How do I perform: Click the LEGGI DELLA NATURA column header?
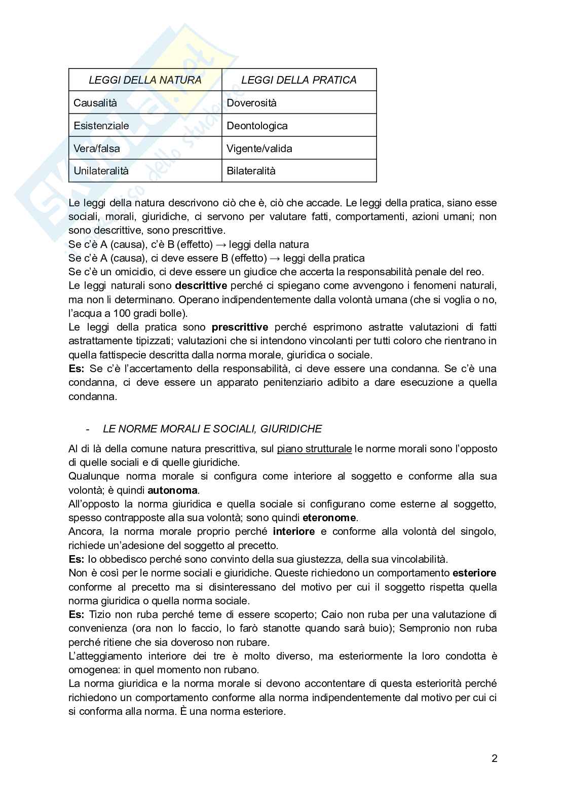point(145,80)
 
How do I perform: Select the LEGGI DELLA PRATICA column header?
point(299,80)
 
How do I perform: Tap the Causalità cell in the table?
point(95,103)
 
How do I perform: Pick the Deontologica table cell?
point(257,126)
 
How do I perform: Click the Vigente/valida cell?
point(259,149)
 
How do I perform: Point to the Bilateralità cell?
point(251,171)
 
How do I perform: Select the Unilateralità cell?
point(101,171)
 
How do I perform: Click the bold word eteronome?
point(329,518)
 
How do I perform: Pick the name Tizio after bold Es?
point(100,614)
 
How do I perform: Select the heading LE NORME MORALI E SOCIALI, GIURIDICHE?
point(212,429)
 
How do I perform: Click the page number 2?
point(494,759)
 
